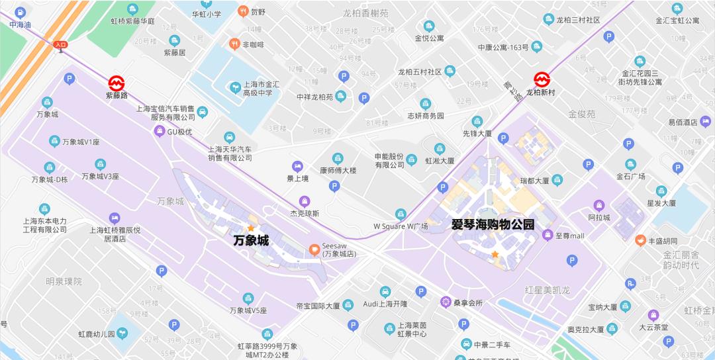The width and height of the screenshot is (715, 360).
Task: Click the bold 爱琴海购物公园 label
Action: pyautogui.click(x=493, y=224)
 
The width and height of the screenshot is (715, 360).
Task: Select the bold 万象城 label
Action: pyautogui.click(x=251, y=241)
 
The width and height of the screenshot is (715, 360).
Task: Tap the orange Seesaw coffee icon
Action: pyautogui.click(x=314, y=249)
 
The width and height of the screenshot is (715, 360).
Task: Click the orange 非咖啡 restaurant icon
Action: pyautogui.click(x=234, y=44)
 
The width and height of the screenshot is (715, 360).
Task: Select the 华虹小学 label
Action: pyautogui.click(x=206, y=13)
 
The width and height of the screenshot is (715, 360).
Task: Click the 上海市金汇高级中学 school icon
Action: pyautogui.click(x=234, y=87)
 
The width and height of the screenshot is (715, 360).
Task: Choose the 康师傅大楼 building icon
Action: pyautogui.click(x=338, y=158)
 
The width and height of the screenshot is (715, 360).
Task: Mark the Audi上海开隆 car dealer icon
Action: pyautogui.click(x=385, y=291)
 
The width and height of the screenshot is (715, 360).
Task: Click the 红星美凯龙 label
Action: pyautogui.click(x=547, y=291)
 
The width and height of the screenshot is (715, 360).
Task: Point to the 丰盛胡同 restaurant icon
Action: pyautogui.click(x=640, y=240)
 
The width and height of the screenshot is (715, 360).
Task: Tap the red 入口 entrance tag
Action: pyautogui.click(x=61, y=45)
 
